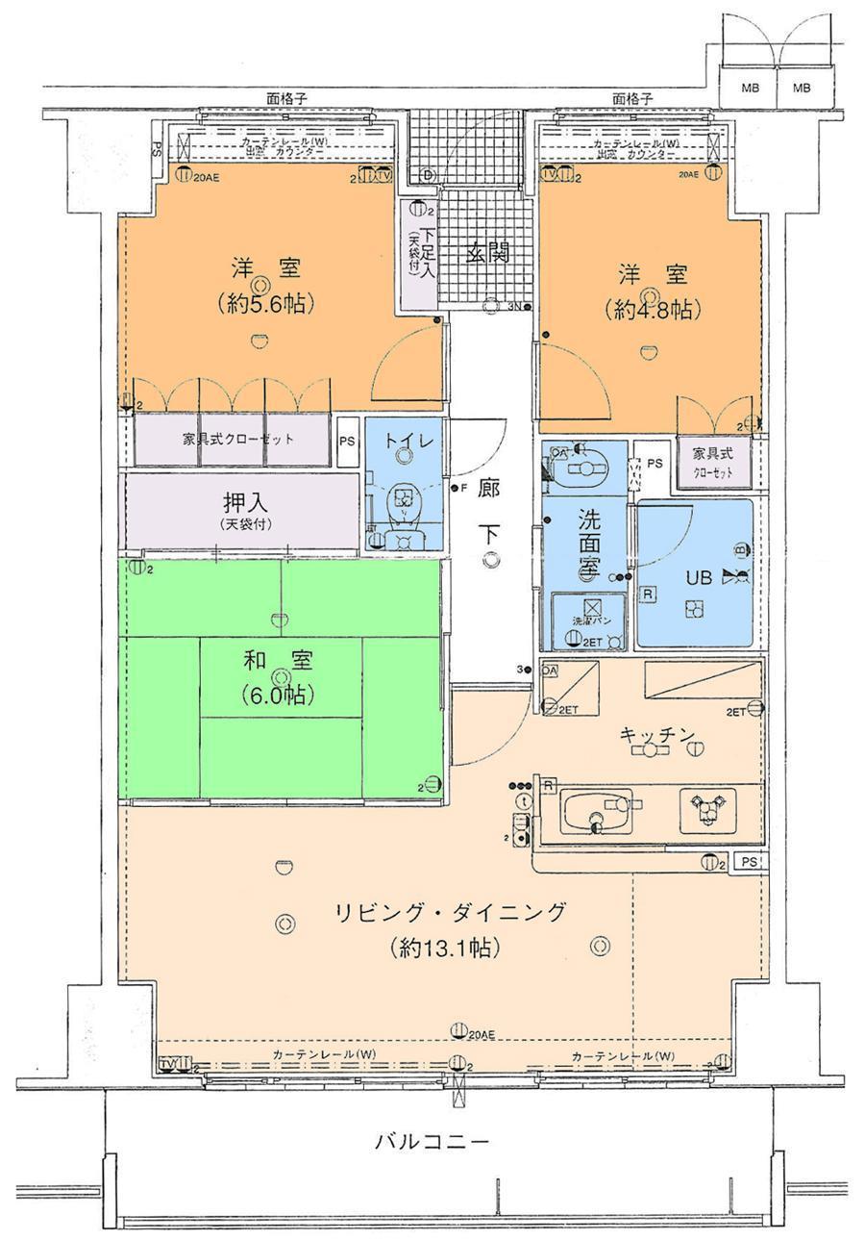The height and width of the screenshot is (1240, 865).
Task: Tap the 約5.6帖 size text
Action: pos(261,303)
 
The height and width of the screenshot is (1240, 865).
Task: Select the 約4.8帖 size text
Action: pos(652,310)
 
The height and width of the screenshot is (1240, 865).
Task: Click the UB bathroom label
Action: pos(699,577)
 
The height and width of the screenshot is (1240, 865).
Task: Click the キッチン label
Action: pos(656,735)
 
